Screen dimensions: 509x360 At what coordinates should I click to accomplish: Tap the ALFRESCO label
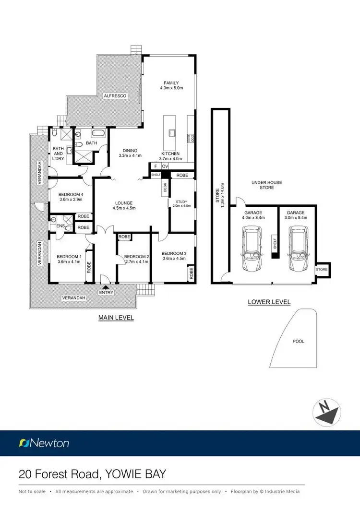115,96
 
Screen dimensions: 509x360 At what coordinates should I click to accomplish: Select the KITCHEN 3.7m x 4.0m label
170,156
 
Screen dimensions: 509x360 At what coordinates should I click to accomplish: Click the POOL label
298,342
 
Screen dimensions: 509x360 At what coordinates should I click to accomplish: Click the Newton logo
44,443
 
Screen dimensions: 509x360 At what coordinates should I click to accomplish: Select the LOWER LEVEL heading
269,302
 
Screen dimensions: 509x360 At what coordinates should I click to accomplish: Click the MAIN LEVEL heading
116,318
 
